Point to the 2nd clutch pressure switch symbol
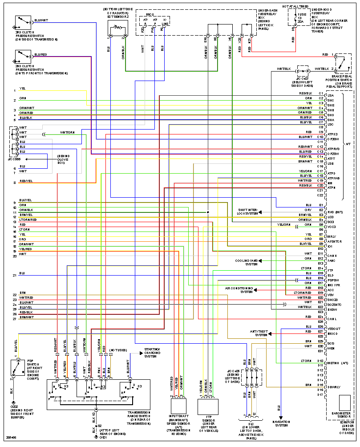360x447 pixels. pos(21,57)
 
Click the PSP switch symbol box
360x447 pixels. pos(18,367)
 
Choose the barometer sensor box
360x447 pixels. pos(345,403)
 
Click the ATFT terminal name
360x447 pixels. pos(332,158)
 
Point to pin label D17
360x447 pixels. pos(320,395)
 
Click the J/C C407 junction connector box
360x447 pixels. pos(303,71)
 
